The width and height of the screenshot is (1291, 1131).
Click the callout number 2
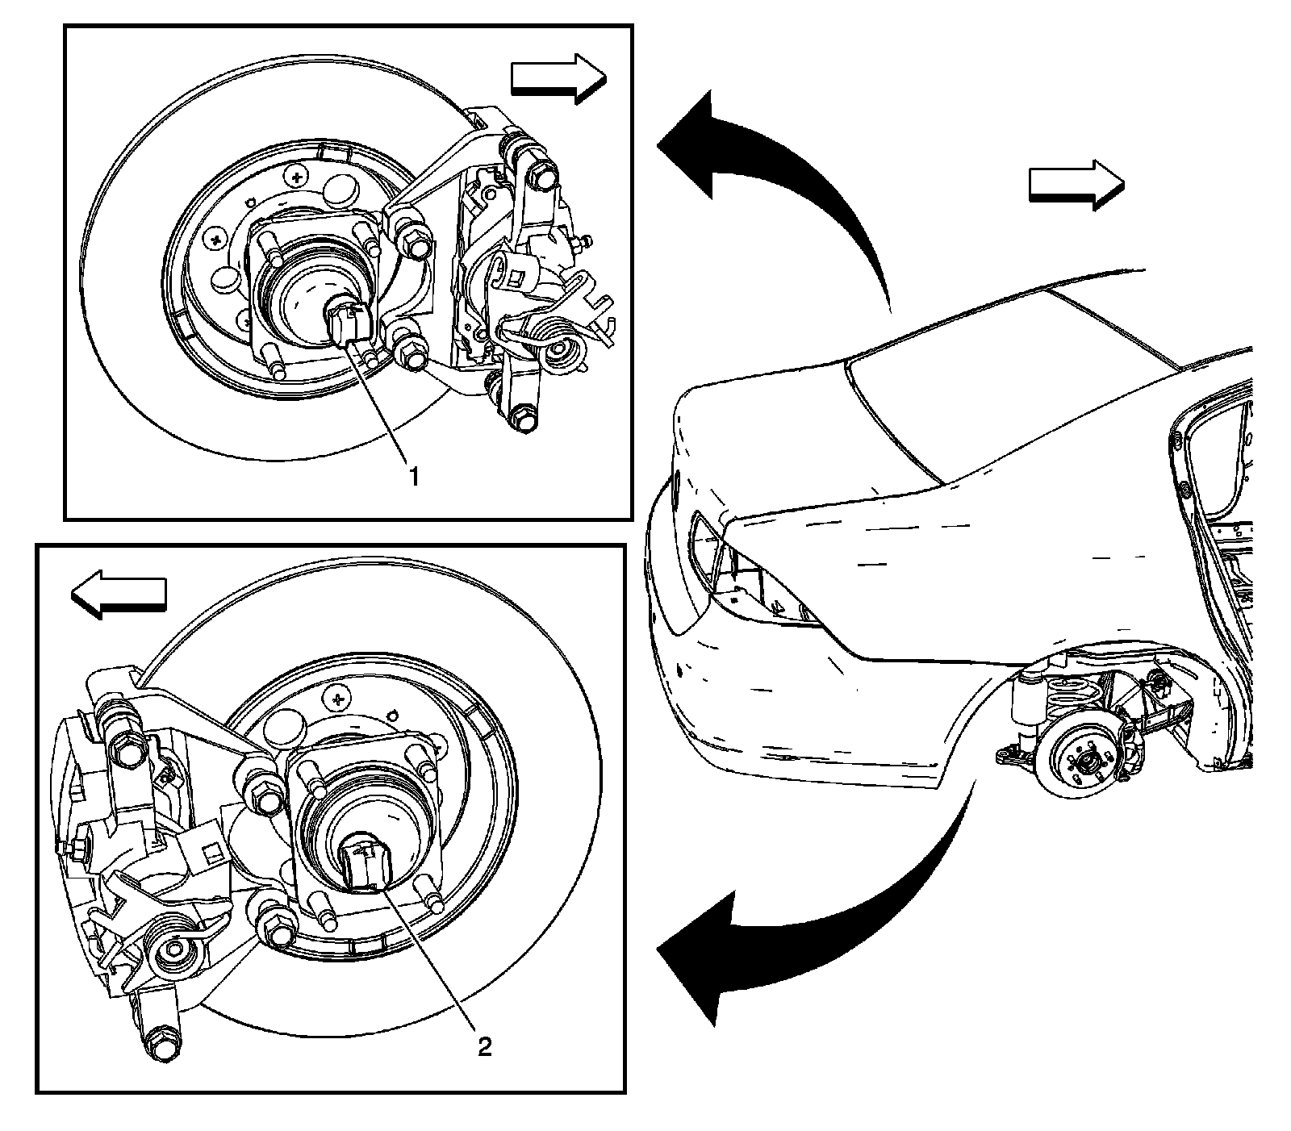pos(484,1047)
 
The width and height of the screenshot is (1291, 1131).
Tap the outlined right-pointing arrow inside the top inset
pos(558,78)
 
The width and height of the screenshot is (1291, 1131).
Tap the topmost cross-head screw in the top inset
pos(299,175)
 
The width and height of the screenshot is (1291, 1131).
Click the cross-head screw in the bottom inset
pos(339,694)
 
